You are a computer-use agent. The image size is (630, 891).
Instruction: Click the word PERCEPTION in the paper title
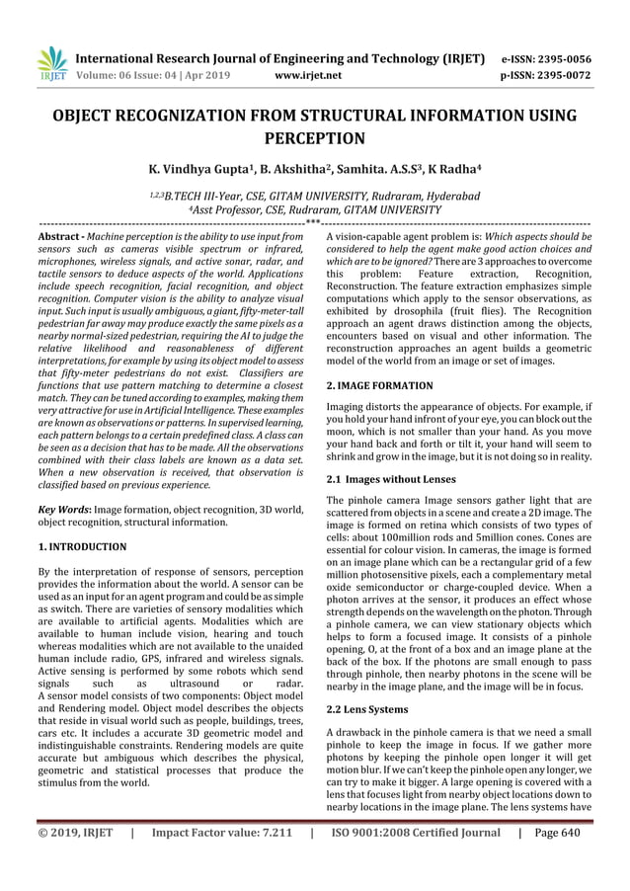click(314, 137)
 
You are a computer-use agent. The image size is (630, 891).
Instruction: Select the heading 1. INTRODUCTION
click(82, 545)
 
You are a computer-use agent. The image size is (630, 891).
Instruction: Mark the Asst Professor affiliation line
click(314, 210)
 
